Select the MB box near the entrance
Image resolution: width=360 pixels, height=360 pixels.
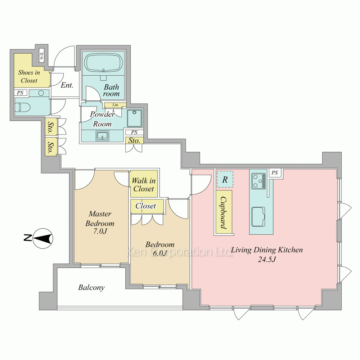(41, 56)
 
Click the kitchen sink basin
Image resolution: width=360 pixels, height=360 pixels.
(258, 217)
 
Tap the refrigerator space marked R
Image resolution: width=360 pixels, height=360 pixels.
(225, 179)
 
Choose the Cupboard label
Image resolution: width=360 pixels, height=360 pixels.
(224, 213)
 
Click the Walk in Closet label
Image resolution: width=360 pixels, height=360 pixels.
(144, 185)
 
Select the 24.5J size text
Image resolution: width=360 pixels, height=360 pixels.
(267, 260)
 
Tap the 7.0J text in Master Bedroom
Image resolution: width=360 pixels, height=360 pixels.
(100, 231)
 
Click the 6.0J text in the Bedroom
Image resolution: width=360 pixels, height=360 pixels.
(160, 253)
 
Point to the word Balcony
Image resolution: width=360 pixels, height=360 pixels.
(91, 287)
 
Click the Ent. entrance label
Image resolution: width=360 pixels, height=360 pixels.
(67, 85)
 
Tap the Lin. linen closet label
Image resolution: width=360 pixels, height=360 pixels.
(116, 105)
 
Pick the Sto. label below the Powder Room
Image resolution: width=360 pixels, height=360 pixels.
(134, 140)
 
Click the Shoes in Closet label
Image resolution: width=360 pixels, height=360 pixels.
(29, 76)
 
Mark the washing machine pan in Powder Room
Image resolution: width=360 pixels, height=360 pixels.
(135, 118)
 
